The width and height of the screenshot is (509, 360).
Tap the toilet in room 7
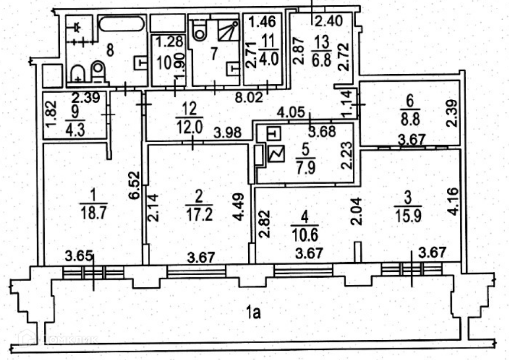(199, 32)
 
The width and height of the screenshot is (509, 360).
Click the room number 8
(110, 51)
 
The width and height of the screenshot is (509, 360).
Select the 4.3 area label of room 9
(78, 129)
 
